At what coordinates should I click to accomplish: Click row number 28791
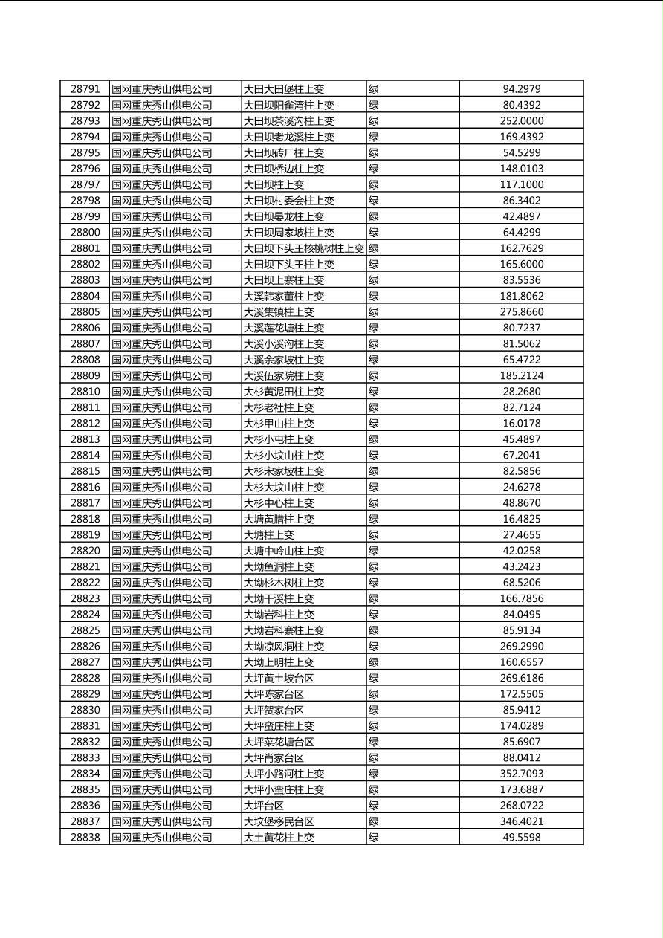click(x=85, y=89)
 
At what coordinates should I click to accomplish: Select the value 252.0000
click(x=521, y=121)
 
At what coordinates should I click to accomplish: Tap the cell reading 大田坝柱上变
click(x=274, y=184)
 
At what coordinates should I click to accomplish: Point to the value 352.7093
click(x=521, y=774)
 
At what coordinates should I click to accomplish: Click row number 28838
click(x=85, y=838)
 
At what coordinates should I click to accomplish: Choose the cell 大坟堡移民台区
click(x=279, y=821)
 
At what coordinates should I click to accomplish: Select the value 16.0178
click(x=521, y=424)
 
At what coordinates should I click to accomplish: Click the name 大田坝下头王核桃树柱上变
click(x=304, y=248)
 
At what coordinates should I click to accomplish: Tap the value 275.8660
click(x=521, y=312)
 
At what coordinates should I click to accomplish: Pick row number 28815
click(x=85, y=471)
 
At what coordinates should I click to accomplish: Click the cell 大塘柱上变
click(x=269, y=535)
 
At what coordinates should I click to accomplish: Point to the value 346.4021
click(x=521, y=821)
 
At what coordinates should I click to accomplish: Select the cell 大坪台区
click(x=264, y=806)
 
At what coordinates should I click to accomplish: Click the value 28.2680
click(x=521, y=392)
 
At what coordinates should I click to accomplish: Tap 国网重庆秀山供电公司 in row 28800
click(x=162, y=233)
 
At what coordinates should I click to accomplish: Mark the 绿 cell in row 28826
click(x=374, y=647)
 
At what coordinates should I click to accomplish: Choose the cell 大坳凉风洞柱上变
click(x=284, y=647)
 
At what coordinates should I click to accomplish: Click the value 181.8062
click(x=521, y=296)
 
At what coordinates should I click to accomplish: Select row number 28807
click(x=85, y=344)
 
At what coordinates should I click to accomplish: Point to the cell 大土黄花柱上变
click(x=279, y=838)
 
